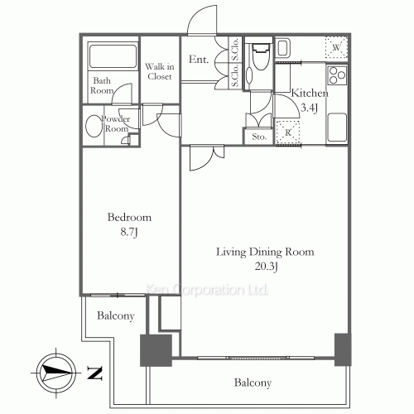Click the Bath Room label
pyautogui.click(x=102, y=85)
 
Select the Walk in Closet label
pyautogui.click(x=158, y=71)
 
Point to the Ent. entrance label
pyautogui.click(x=197, y=60)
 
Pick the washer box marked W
pyautogui.click(x=335, y=47)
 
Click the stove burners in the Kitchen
pyautogui.click(x=337, y=77)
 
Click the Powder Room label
pyautogui.click(x=115, y=123)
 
